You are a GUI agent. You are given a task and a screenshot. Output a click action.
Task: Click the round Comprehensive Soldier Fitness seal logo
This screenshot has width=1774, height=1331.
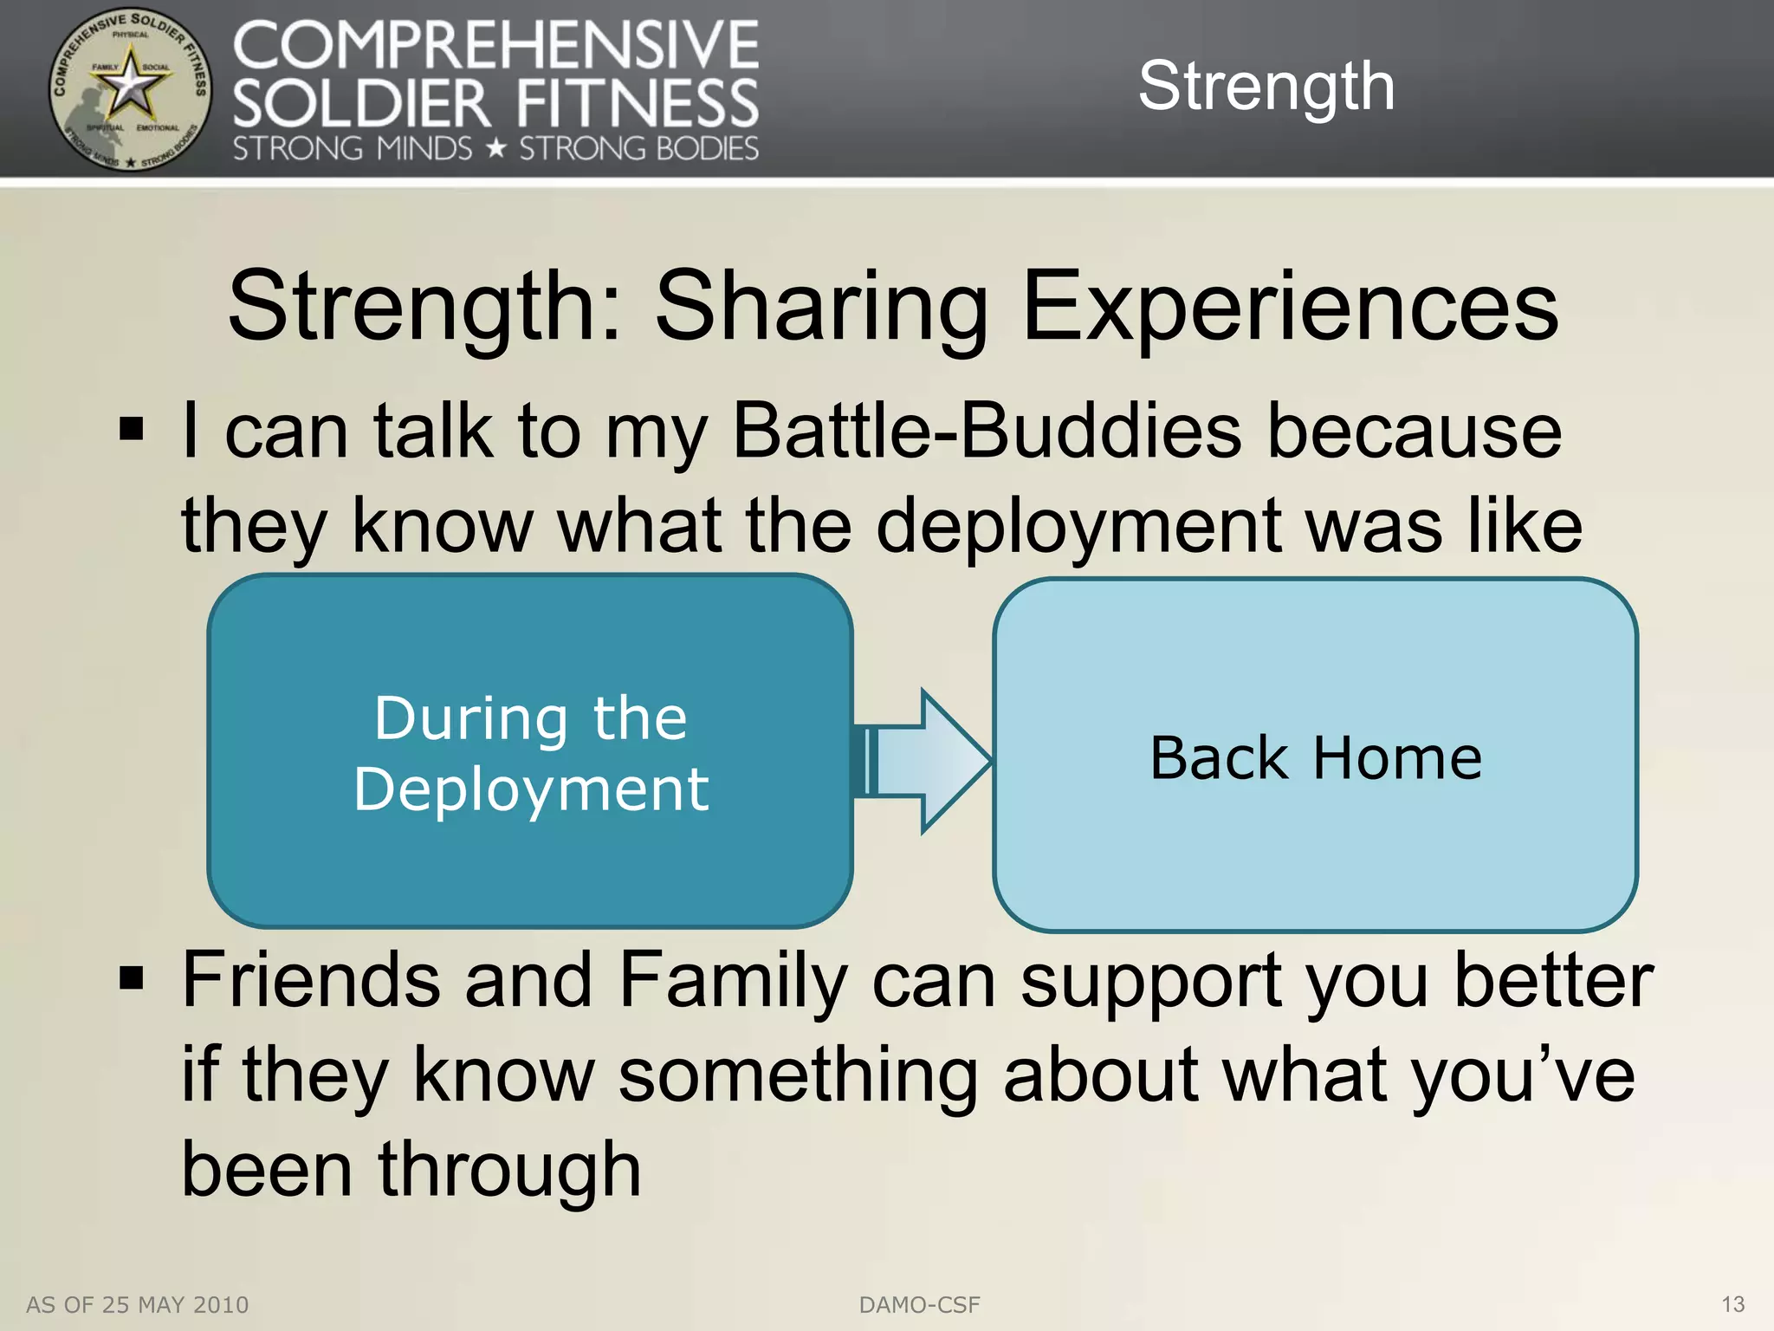tap(129, 89)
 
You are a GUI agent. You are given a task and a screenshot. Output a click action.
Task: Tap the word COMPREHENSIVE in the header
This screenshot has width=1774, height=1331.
tap(495, 47)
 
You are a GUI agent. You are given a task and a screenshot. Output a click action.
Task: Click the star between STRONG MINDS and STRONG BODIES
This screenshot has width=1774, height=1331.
tap(495, 149)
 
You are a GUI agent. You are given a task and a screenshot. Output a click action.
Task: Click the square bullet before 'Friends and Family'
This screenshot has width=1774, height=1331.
tap(131, 979)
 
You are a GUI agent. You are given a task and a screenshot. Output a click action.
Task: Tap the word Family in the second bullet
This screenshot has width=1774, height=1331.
tap(733, 981)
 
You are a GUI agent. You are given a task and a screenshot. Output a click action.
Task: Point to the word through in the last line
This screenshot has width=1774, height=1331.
tap(509, 1170)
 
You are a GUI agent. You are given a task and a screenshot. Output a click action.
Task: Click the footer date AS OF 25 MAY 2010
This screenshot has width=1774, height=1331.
tap(137, 1305)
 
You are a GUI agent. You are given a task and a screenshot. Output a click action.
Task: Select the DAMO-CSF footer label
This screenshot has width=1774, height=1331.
tap(919, 1305)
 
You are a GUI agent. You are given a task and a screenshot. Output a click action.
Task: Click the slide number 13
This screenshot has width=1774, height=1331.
tap(1732, 1304)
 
